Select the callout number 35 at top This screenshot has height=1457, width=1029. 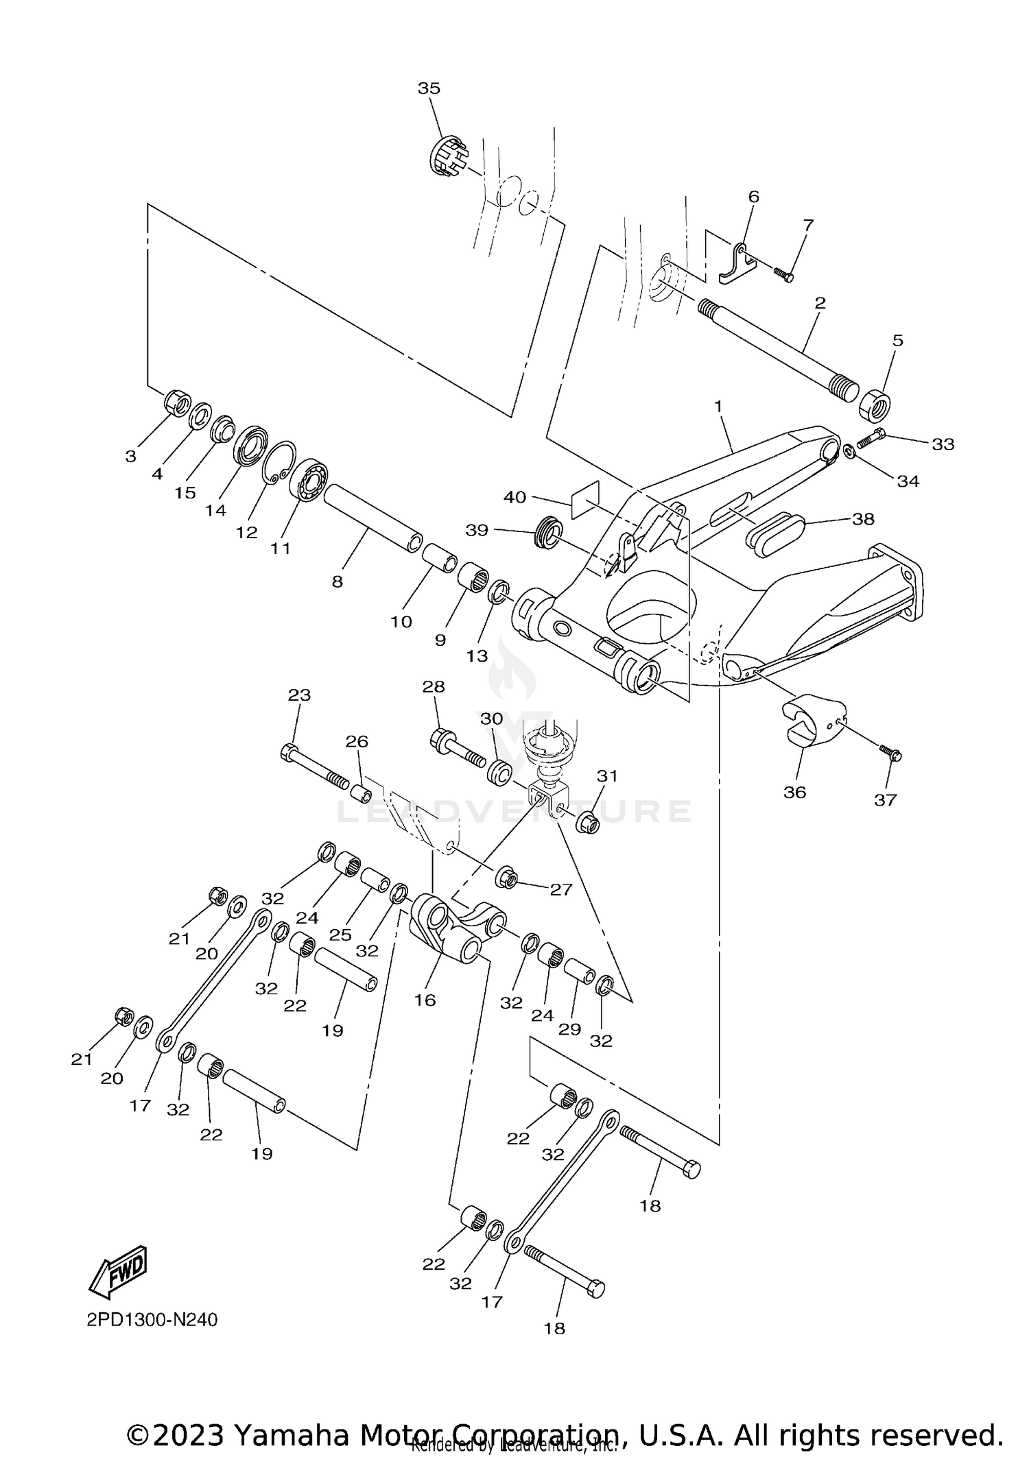[429, 88]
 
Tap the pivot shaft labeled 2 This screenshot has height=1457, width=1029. [775, 346]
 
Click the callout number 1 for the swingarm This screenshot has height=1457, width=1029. [718, 407]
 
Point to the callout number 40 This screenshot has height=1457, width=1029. [514, 497]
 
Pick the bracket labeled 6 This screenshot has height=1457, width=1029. [737, 264]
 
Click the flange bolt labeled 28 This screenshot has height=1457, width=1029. [456, 748]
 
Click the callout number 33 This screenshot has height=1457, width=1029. [943, 444]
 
